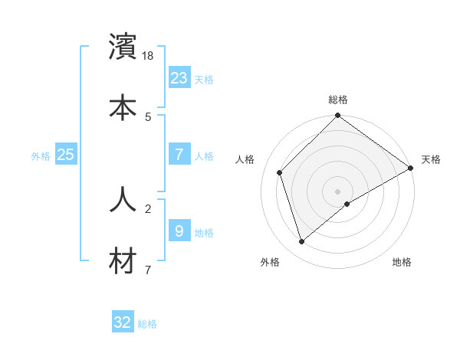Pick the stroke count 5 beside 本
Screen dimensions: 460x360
[148, 117]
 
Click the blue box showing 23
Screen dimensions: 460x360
[179, 78]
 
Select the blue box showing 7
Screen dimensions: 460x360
[179, 155]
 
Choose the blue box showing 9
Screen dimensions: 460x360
[179, 231]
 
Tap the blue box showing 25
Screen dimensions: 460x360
[66, 155]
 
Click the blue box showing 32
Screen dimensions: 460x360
[123, 322]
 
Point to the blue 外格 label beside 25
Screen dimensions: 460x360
[41, 156]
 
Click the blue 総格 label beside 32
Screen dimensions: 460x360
[147, 324]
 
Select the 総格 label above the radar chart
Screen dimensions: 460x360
[338, 100]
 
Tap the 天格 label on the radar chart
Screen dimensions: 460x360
[431, 159]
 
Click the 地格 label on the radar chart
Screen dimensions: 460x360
[402, 262]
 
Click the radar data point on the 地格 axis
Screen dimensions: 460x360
[347, 204]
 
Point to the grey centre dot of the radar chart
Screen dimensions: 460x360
[338, 191]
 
